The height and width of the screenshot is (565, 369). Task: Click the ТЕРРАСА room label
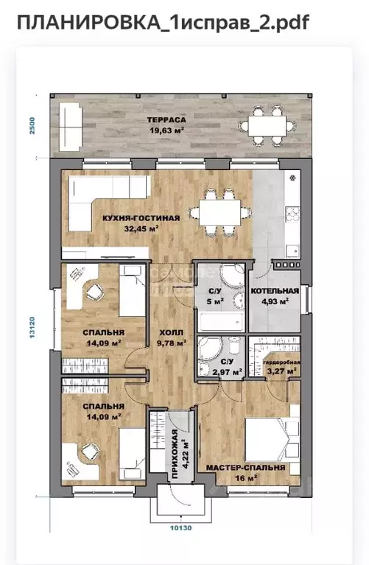[166, 120]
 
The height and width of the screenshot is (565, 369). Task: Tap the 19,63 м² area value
[167, 130]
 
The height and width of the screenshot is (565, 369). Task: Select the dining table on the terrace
[267, 126]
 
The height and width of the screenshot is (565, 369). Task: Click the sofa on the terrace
[70, 127]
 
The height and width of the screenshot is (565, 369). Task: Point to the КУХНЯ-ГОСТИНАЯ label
[141, 218]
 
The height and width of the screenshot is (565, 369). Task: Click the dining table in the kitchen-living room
[219, 213]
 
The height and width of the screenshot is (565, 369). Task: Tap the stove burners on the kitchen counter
[292, 214]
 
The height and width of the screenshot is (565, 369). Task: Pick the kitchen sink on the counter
[292, 250]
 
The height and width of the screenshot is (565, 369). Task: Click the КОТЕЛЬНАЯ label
[275, 291]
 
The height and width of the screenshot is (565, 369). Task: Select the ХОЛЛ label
[171, 332]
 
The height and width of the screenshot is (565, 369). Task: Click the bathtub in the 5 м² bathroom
[220, 322]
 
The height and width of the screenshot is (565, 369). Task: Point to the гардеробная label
[281, 362]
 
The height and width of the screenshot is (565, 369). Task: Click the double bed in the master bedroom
[272, 439]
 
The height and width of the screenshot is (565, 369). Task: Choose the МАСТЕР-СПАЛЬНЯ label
[245, 468]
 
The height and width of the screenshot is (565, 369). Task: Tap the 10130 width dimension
[180, 528]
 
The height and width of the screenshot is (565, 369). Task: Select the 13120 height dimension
[32, 327]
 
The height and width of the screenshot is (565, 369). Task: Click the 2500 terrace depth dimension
[32, 125]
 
